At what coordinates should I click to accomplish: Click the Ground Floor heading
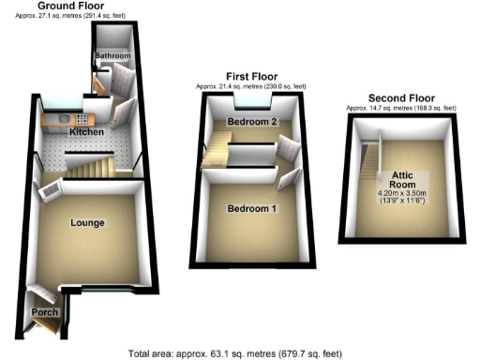[71, 6]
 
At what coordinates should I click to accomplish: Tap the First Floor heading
[251, 75]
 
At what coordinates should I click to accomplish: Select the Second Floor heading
[401, 97]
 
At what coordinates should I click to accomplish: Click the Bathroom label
[112, 56]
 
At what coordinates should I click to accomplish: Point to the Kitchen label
[85, 133]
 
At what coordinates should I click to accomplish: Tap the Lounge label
[86, 222]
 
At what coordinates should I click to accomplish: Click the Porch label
[45, 311]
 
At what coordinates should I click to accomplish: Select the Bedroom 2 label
[252, 123]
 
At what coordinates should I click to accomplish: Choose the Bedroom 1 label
[251, 208]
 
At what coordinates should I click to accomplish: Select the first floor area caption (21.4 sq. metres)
[251, 86]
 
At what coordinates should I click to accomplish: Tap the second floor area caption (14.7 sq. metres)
[400, 109]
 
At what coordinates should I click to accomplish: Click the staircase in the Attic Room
[373, 156]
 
